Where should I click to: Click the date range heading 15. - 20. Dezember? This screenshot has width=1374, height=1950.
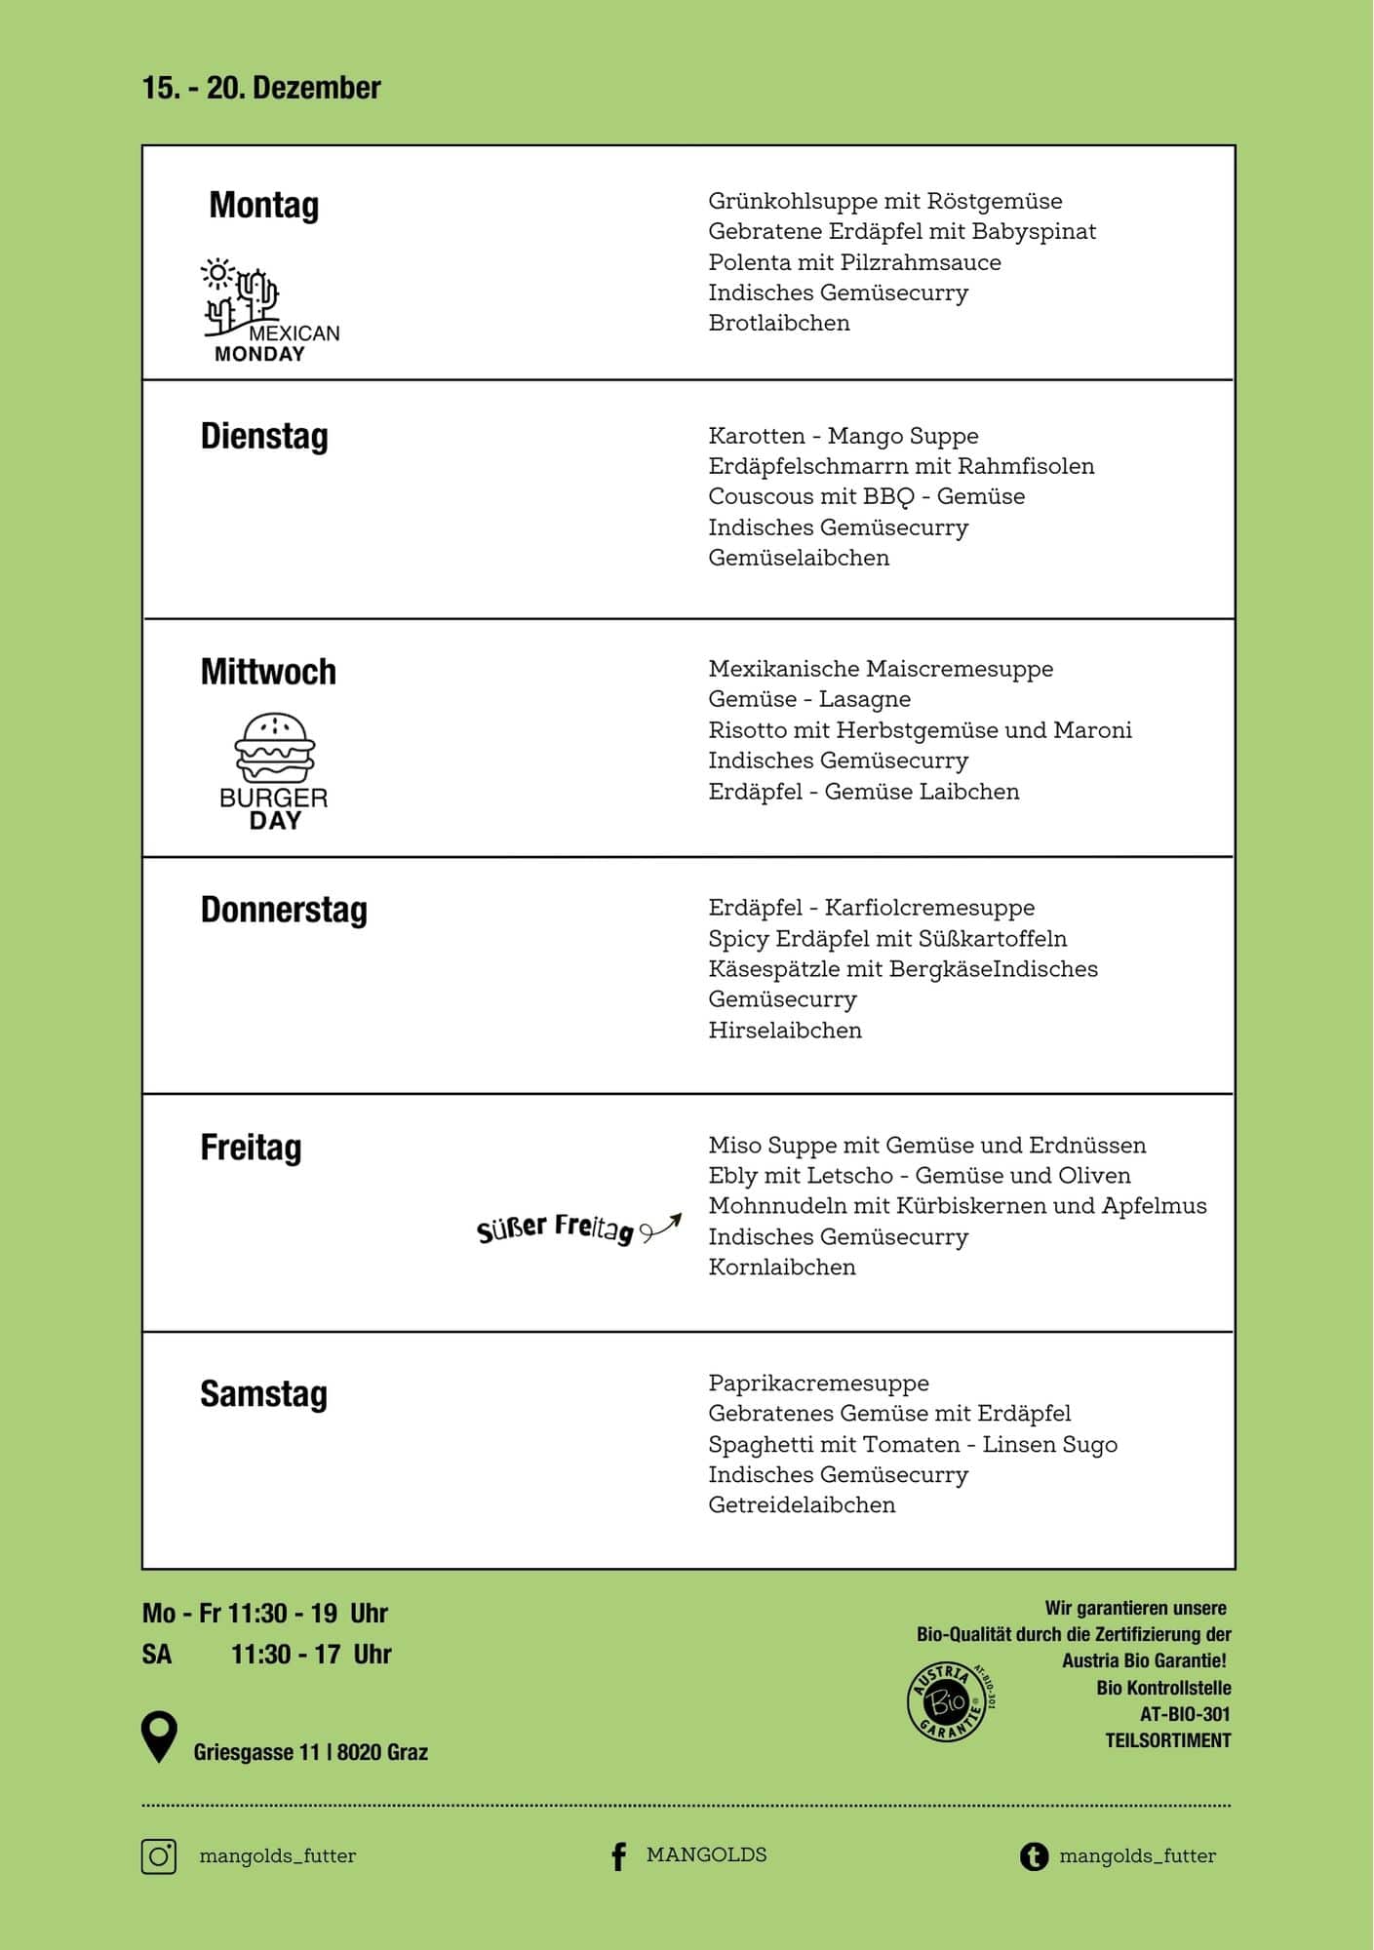[x=261, y=88]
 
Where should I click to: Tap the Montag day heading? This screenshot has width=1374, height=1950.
[x=263, y=206]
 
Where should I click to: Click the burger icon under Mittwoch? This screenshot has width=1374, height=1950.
[x=275, y=748]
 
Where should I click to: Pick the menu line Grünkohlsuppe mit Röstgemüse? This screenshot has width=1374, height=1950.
[x=884, y=201]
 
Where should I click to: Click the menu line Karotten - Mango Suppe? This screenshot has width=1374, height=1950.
[x=843, y=436]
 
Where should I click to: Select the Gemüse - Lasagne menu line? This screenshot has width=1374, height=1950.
[x=808, y=699]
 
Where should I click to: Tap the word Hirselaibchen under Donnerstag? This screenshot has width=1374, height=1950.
[x=784, y=1031]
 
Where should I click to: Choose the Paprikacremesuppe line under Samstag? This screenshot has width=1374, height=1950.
[x=818, y=1383]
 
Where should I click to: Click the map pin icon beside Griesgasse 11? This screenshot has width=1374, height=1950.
[x=159, y=1736]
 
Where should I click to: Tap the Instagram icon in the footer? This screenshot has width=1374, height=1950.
[x=159, y=1855]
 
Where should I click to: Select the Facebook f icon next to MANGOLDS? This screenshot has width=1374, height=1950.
[x=618, y=1856]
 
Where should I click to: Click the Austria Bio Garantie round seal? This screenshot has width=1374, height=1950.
[x=947, y=1702]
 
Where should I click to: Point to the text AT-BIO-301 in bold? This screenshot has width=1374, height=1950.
[x=1185, y=1714]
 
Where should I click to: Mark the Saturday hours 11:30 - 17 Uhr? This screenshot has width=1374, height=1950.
[x=310, y=1654]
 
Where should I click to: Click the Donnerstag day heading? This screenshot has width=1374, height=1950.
[x=284, y=910]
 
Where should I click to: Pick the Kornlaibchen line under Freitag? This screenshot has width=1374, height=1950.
[x=781, y=1267]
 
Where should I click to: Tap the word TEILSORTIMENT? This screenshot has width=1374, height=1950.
[x=1167, y=1740]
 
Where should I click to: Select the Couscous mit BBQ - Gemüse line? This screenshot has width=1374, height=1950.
[x=866, y=496]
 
